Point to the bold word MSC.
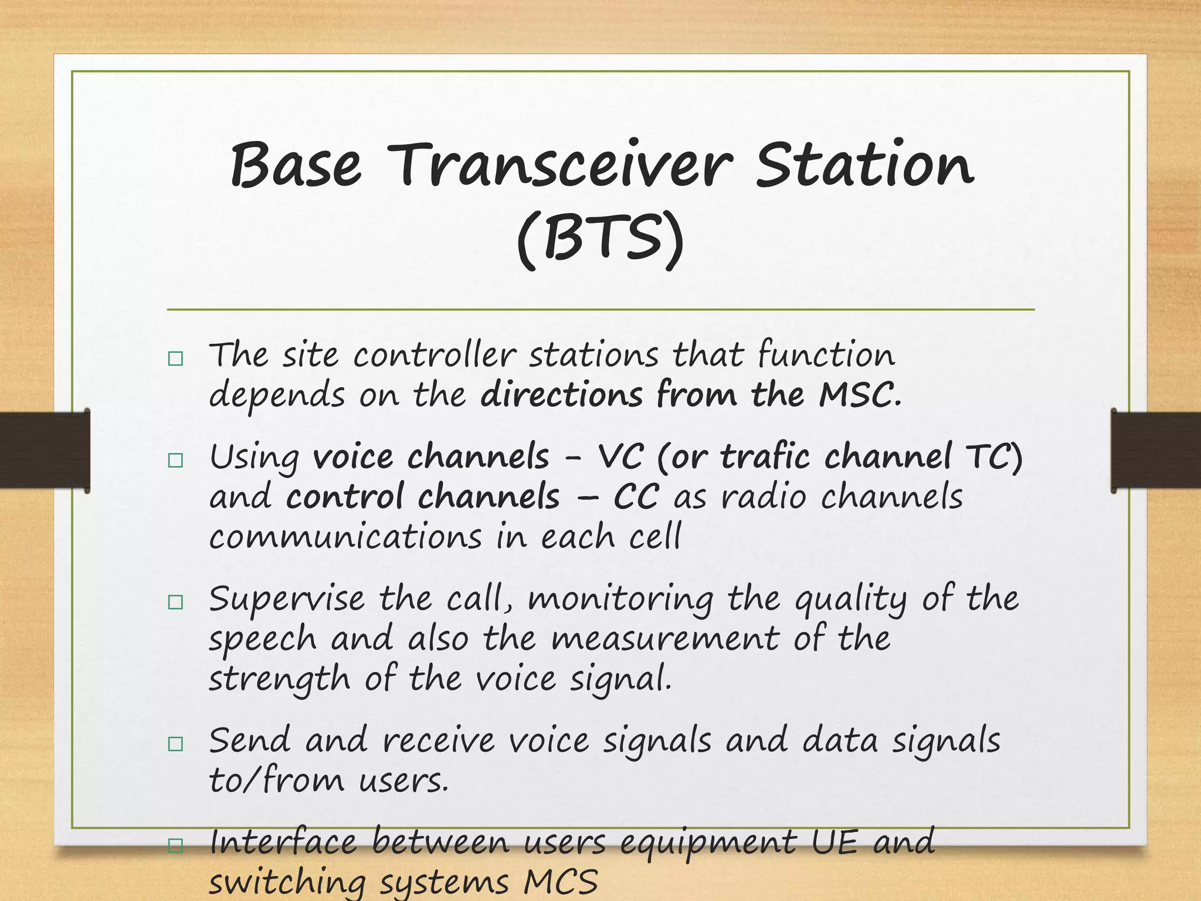(x=859, y=395)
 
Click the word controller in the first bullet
(x=434, y=355)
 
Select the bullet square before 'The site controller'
(x=175, y=358)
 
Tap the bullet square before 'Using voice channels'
(x=175, y=460)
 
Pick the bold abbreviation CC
(x=636, y=497)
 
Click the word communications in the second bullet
(x=345, y=537)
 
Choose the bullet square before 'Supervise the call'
(x=175, y=602)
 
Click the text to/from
(x=276, y=781)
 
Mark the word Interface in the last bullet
(x=283, y=842)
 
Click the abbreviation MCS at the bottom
(x=561, y=883)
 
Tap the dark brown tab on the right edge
(x=1155, y=450)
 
